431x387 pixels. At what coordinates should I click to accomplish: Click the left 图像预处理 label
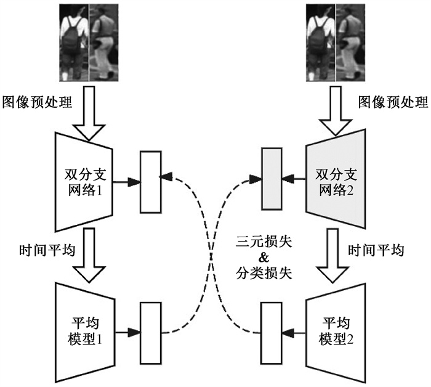pyautogui.click(x=38, y=101)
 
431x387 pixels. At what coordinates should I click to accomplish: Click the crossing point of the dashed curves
pyautogui.click(x=210, y=256)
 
